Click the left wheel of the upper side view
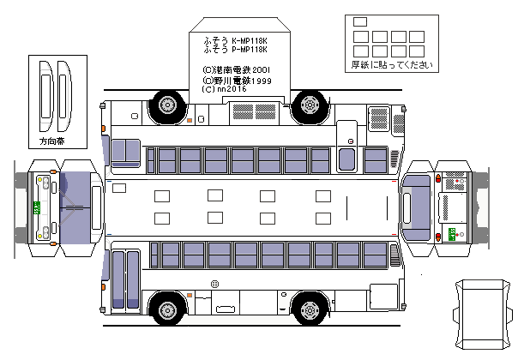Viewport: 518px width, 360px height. [x=166, y=105]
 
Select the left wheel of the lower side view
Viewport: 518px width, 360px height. [x=166, y=309]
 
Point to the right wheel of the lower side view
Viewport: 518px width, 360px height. [x=309, y=309]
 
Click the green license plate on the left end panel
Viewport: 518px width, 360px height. [x=36, y=207]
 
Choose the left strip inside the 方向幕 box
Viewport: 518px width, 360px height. [x=45, y=94]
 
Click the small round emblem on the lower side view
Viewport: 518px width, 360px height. [x=214, y=284]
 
